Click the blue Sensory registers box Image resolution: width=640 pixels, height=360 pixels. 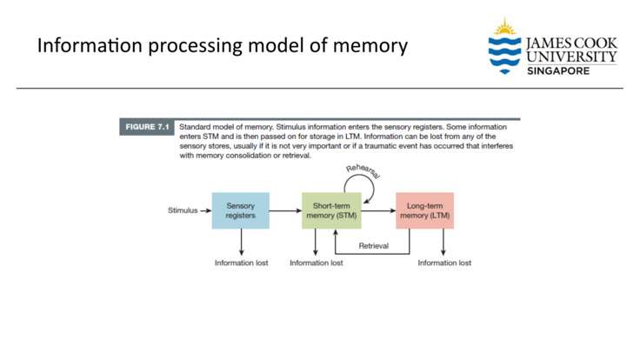(240, 210)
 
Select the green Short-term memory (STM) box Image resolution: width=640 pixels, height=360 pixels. (331, 210)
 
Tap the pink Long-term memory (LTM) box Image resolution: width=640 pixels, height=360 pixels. (424, 210)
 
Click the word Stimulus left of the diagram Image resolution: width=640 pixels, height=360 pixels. (183, 210)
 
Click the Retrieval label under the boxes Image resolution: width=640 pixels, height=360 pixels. (377, 246)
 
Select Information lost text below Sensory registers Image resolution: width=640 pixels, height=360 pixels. (242, 263)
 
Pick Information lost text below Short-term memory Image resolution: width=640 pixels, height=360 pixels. (316, 263)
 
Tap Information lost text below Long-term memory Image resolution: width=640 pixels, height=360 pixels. (444, 263)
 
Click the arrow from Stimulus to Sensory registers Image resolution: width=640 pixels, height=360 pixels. (206, 210)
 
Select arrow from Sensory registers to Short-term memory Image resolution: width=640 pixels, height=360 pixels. (285, 210)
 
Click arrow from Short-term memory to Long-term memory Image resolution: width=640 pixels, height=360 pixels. (378, 210)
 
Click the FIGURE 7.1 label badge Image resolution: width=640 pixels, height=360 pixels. (146, 127)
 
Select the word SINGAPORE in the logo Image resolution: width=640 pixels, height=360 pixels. (558, 70)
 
